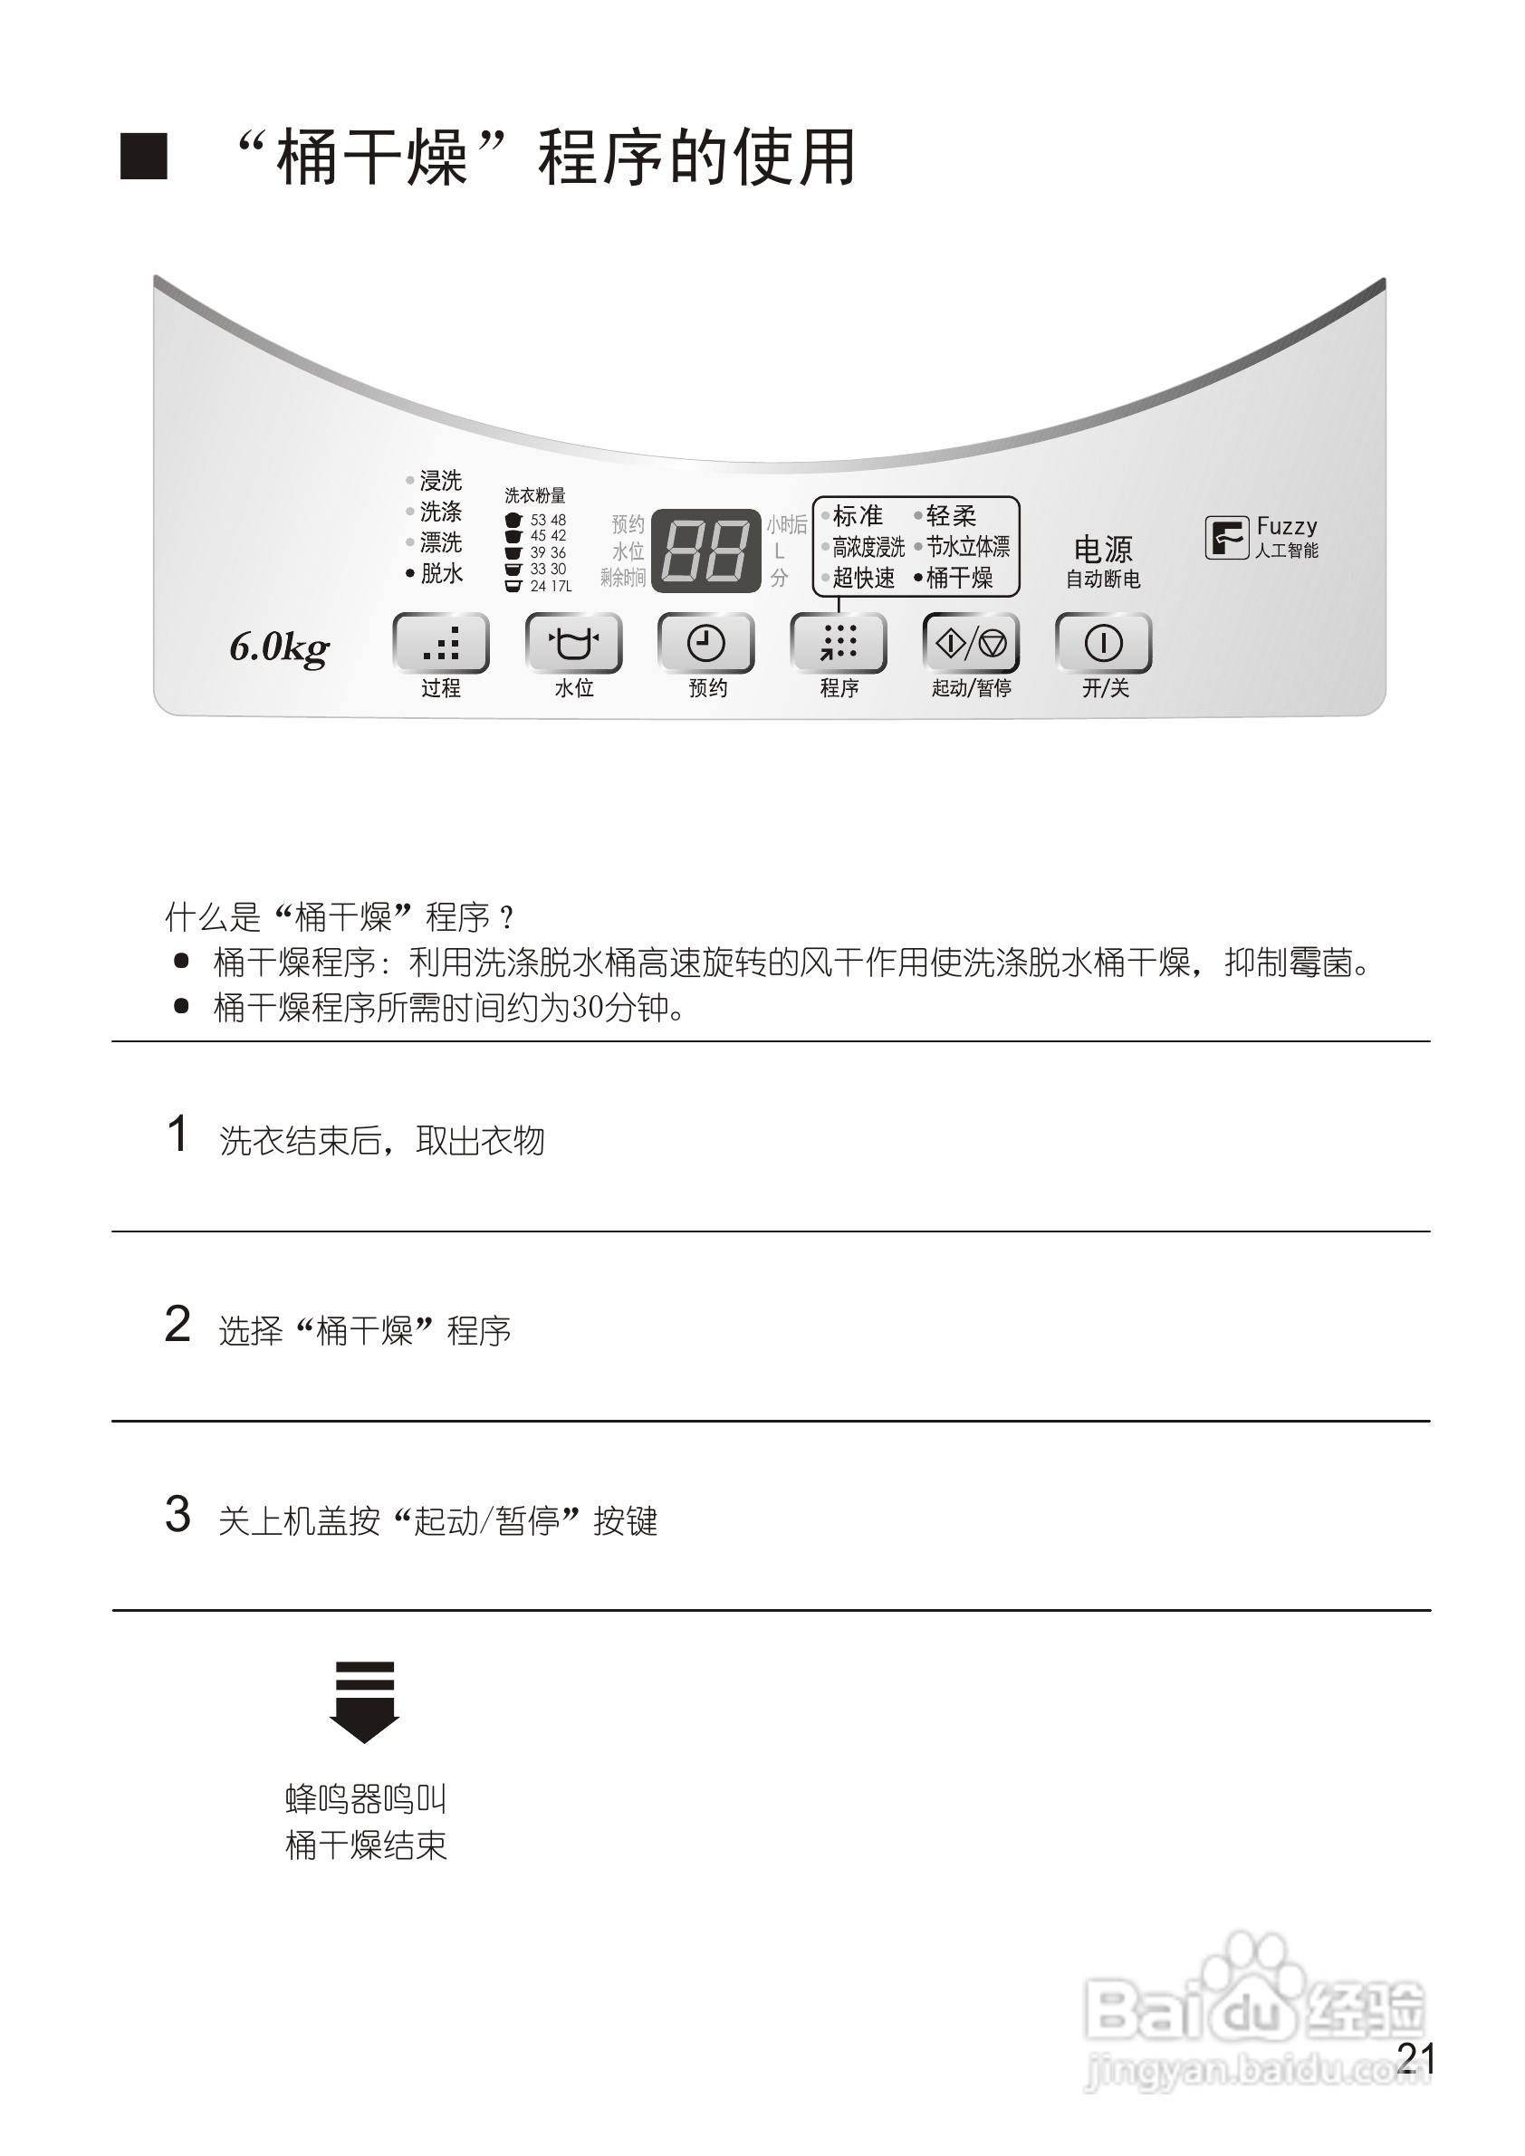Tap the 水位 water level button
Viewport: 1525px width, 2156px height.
coord(573,643)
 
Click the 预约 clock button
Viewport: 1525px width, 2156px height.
coord(706,643)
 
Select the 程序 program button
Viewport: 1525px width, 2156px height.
coord(839,643)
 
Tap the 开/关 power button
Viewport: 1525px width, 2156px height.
coord(1103,643)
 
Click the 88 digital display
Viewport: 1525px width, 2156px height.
coord(706,551)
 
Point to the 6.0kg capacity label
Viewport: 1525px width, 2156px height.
coord(280,648)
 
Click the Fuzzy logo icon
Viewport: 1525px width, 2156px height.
coord(1226,538)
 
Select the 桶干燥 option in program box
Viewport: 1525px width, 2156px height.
coord(959,578)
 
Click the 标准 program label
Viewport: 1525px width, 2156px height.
coord(858,515)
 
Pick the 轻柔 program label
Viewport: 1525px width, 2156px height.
coord(950,515)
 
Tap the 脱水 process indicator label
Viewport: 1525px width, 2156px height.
coord(440,573)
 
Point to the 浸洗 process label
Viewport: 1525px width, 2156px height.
coord(440,481)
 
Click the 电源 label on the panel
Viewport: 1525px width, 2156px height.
coord(1102,549)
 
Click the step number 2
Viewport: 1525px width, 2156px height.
coord(177,1325)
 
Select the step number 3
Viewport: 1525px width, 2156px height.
coord(177,1515)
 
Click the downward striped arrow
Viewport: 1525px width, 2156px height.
coord(364,1701)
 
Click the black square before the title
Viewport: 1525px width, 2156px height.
coord(144,157)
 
